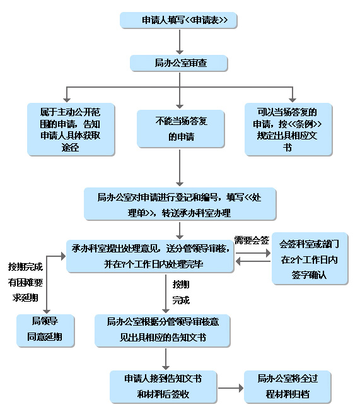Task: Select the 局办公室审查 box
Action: pos(179,63)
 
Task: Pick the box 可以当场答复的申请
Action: pos(288,129)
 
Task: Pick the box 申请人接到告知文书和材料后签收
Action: pos(164,386)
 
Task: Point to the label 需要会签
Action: pos(252,240)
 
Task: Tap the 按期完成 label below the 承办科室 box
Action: pos(181,292)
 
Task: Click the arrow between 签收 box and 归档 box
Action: pos(231,386)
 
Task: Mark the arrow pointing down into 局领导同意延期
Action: pos(48,290)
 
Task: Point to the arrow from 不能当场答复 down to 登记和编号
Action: pos(180,167)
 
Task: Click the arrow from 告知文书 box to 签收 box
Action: pos(166,358)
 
